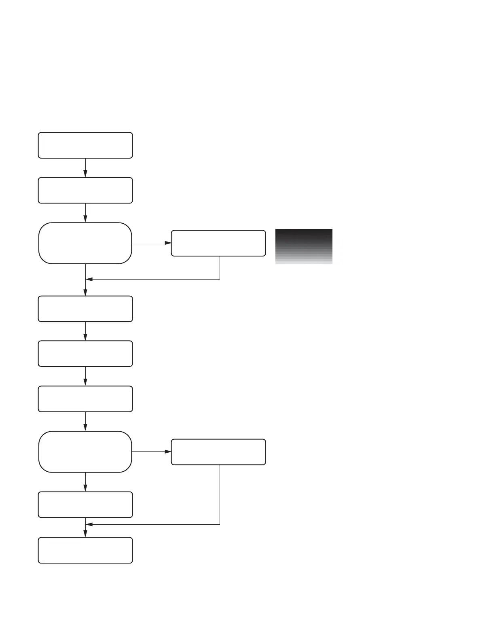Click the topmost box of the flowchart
tap(85, 145)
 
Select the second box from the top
tap(85, 190)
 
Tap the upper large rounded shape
tap(85, 243)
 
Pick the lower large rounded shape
tap(85, 451)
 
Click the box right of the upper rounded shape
tap(218, 243)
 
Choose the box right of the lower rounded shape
tap(218, 452)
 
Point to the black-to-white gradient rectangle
tap(304, 246)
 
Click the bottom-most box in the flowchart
tap(85, 550)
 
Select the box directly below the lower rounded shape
tap(85, 504)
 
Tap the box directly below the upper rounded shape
tap(85, 309)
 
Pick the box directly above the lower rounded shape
tap(85, 399)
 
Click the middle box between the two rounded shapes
tap(85, 354)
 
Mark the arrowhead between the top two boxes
tap(85, 174)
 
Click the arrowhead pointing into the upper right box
tap(168, 243)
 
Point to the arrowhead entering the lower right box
tap(168, 451)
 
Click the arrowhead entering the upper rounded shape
tap(85, 219)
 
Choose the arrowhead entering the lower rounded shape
tap(85, 427)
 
